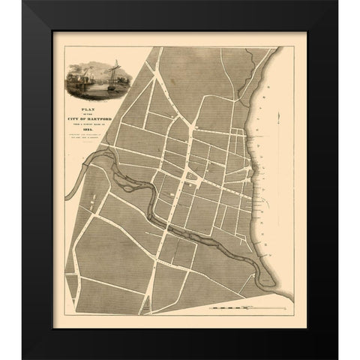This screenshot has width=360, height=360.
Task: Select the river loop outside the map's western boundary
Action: [82, 176]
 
